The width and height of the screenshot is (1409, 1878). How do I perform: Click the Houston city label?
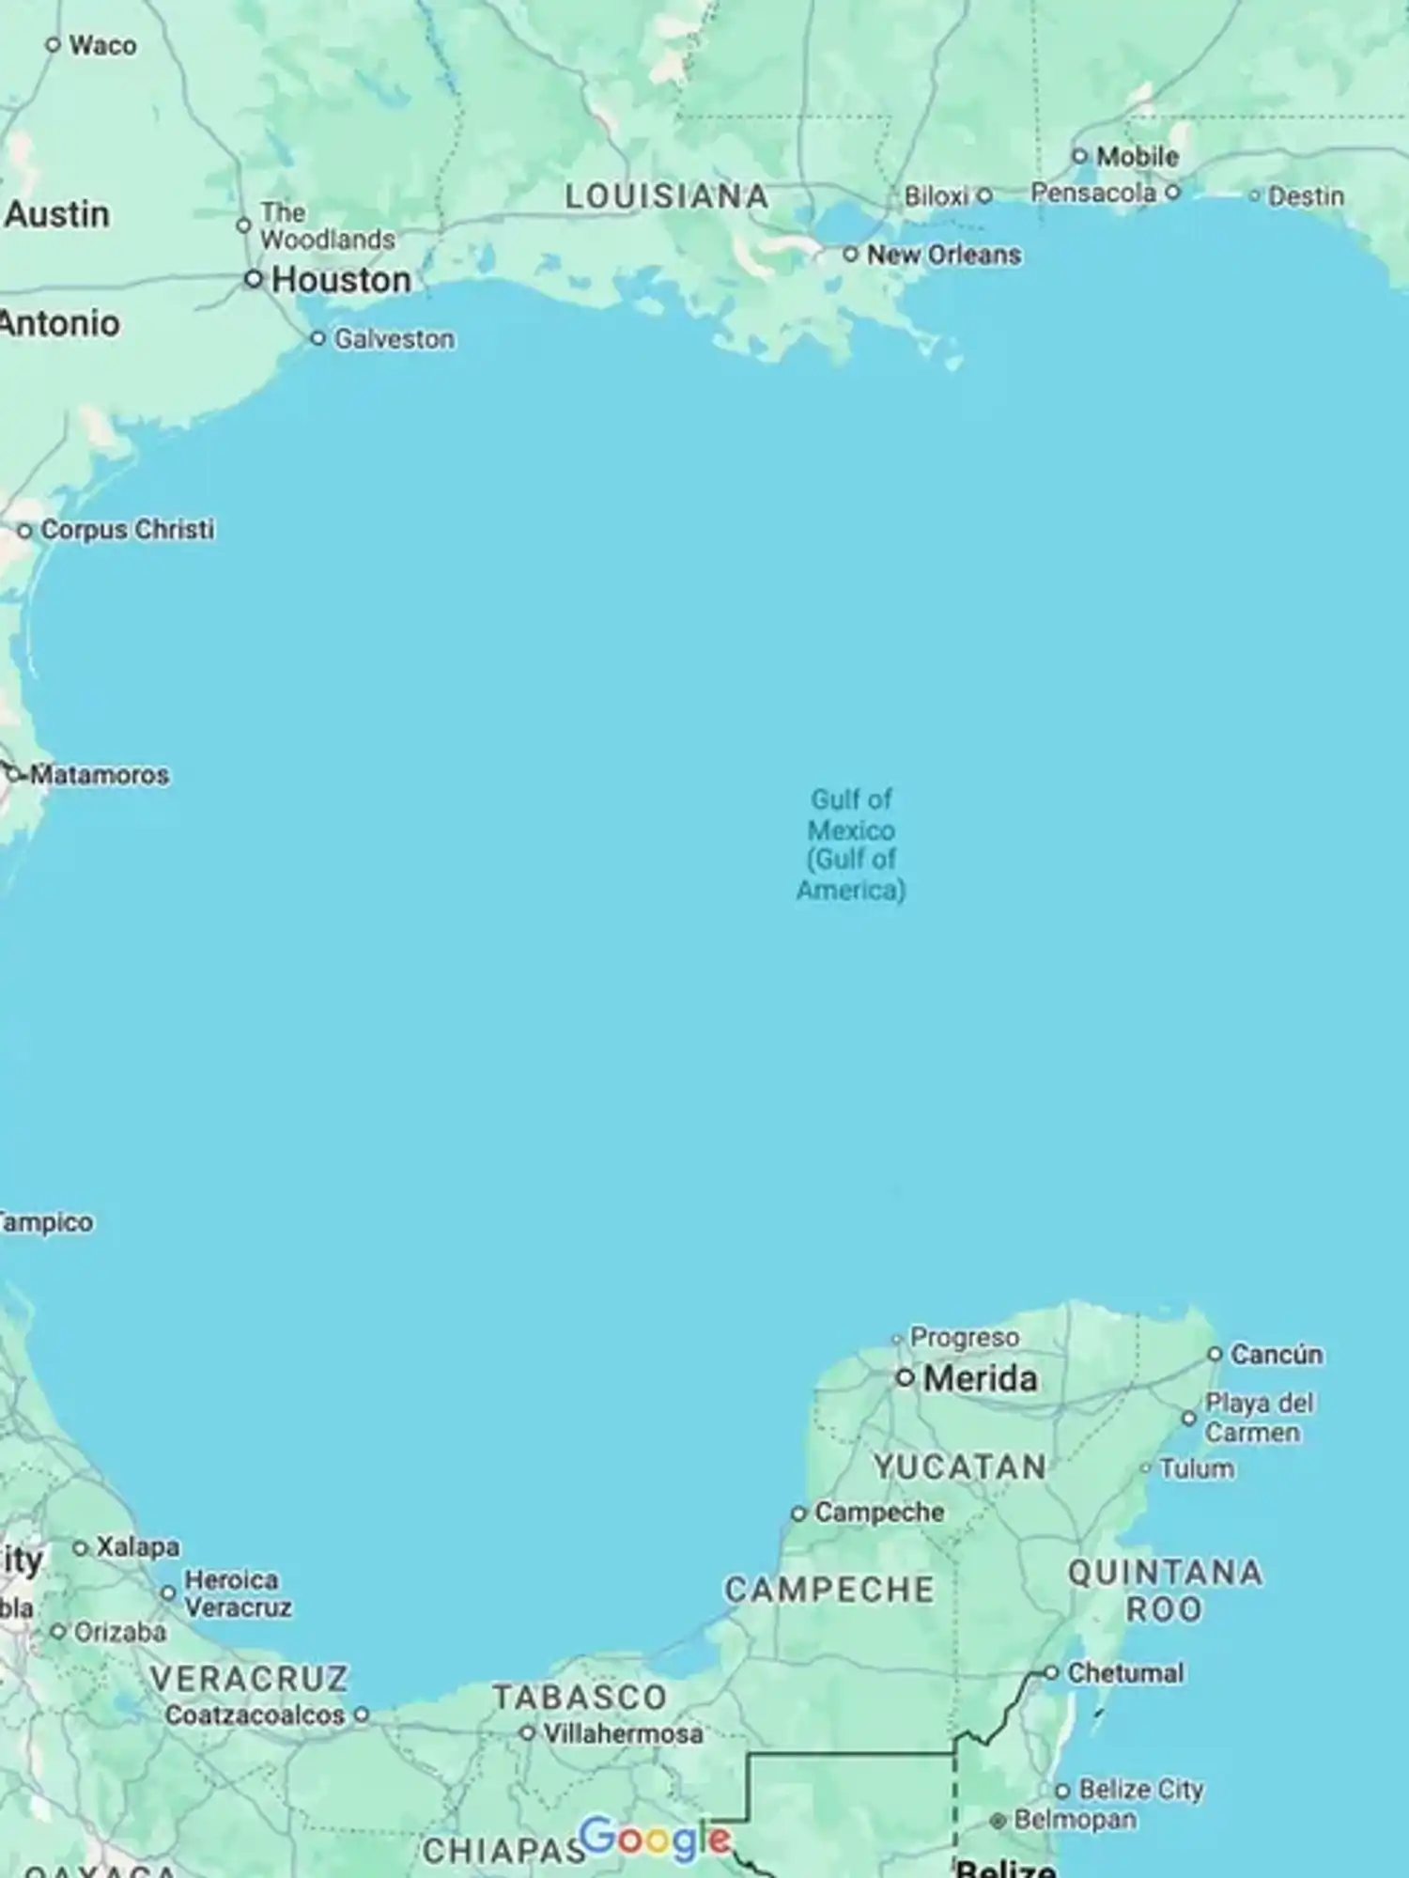[341, 280]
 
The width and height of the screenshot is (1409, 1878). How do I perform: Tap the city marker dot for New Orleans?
[850, 255]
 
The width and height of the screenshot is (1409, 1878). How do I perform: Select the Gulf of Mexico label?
[851, 844]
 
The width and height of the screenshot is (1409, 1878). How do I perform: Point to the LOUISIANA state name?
[666, 196]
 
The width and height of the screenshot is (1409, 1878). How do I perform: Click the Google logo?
[655, 1839]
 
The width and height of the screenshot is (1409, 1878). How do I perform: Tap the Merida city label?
[980, 1378]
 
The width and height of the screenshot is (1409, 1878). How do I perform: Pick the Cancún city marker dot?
[1215, 1354]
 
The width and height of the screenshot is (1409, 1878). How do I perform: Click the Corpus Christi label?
[127, 530]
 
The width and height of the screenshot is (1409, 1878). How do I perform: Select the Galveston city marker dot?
[317, 338]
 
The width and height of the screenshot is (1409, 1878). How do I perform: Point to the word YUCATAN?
[960, 1467]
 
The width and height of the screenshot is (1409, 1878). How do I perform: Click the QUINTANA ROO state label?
[1165, 1591]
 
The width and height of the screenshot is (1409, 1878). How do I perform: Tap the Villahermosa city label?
[623, 1733]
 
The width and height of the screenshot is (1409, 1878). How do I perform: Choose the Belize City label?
[1140, 1789]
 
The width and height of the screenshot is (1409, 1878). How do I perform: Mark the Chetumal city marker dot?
[1051, 1673]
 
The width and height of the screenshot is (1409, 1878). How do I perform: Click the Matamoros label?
[100, 775]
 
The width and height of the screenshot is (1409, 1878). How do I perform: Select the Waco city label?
[102, 45]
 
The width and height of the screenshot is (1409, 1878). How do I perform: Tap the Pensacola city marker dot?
[1172, 193]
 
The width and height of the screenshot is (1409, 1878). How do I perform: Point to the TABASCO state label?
[580, 1697]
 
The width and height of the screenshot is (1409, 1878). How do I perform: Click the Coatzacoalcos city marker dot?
[361, 1715]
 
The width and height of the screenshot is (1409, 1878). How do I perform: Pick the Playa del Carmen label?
[1259, 1418]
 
